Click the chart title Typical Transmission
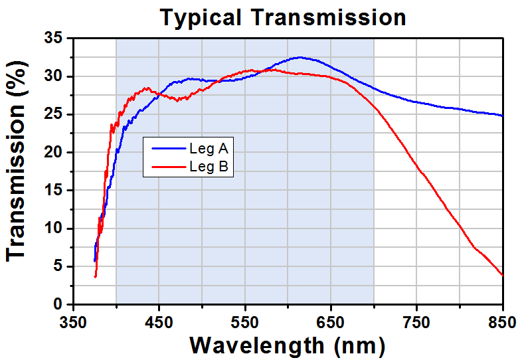coord(282,17)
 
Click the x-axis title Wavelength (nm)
coord(287,345)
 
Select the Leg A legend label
coord(209,149)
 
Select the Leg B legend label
coord(209,167)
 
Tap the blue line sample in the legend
coord(166,149)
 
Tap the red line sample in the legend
coord(166,167)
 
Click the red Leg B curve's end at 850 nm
coord(502,275)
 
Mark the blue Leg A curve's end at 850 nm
coord(502,116)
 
